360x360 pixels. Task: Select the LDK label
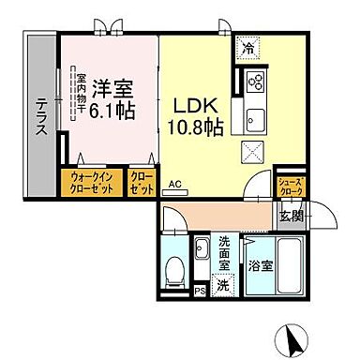tap(195, 104)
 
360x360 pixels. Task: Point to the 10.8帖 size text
tap(195, 127)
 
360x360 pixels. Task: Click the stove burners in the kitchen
tap(255, 82)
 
